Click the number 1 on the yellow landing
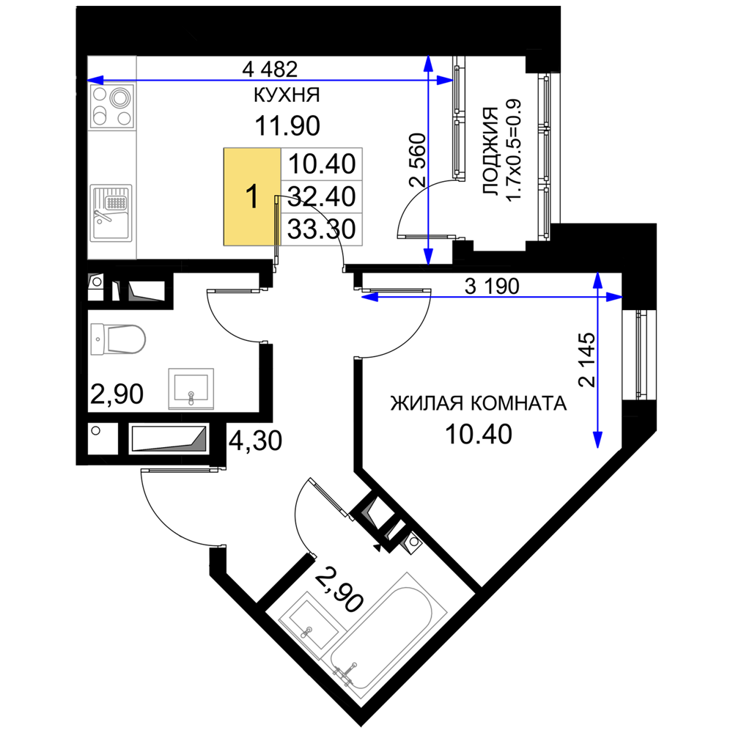coord(251,197)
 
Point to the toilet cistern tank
coord(97,339)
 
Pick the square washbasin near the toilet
coord(191,387)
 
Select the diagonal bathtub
coord(388,634)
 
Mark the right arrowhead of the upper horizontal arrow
coord(446,80)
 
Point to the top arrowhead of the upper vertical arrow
coord(427,63)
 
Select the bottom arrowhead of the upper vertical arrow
coord(428,255)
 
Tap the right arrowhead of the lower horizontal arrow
coord(614,297)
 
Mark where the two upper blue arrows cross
coord(427,80)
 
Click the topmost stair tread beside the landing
coord(322,162)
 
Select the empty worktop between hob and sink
coord(112,157)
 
